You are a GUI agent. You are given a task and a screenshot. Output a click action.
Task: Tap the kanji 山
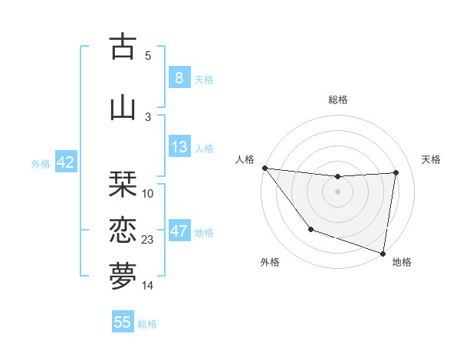tap(123, 106)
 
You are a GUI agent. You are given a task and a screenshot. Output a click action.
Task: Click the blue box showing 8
tap(179, 78)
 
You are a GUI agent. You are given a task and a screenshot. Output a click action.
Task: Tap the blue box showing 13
tap(179, 148)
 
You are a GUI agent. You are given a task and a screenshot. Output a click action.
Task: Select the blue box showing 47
tap(179, 232)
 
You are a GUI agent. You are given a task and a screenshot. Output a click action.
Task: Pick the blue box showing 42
tap(65, 163)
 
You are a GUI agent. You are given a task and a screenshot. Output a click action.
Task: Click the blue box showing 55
tap(123, 322)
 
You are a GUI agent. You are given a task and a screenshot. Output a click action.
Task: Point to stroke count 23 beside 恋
tap(148, 240)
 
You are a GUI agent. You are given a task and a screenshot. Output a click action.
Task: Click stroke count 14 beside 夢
tap(148, 286)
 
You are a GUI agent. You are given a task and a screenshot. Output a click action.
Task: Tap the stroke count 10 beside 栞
tap(148, 194)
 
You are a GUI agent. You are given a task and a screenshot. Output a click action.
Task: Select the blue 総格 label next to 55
tap(147, 324)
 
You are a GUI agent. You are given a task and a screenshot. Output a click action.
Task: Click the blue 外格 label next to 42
tap(41, 164)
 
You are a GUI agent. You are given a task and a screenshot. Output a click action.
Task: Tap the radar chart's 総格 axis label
tap(337, 100)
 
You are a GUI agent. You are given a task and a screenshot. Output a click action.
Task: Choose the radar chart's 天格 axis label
tap(431, 159)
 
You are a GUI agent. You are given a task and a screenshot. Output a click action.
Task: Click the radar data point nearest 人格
tap(264, 168)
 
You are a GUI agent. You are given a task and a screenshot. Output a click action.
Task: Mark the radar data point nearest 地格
tap(383, 253)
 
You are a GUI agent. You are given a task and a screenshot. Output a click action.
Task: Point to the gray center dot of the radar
tap(337, 191)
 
